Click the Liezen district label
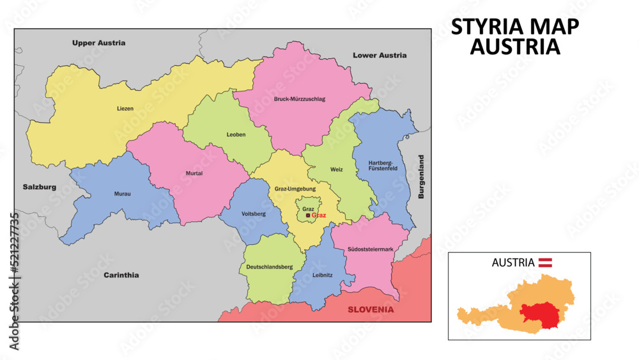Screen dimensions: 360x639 point(125,109)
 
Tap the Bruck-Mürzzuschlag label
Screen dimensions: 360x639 point(300,99)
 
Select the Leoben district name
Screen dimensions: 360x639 point(236,134)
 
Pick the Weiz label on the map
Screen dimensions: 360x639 point(337,169)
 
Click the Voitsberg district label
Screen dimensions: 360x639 point(254,214)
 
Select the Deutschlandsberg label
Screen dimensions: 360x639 point(270,266)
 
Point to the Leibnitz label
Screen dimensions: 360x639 point(323,275)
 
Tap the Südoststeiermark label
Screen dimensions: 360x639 point(371,249)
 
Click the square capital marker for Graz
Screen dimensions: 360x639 point(308,216)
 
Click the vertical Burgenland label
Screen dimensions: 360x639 point(421,176)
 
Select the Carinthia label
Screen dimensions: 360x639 point(121,275)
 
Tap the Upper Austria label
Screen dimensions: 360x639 point(98,43)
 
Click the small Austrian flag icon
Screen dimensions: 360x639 point(546,262)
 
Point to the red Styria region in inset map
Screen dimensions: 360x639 point(540,313)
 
